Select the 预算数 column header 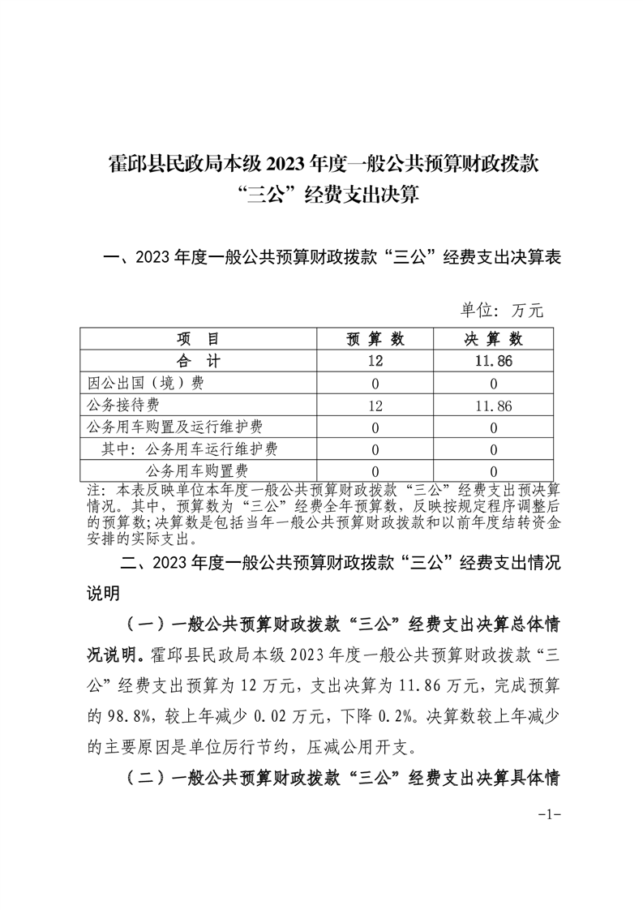click(x=375, y=339)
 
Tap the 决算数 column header click(x=493, y=339)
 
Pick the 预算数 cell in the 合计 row click(x=375, y=361)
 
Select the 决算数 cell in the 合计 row click(x=493, y=361)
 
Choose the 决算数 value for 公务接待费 click(x=493, y=405)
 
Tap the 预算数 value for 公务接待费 click(x=375, y=405)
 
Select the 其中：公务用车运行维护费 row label click(x=194, y=449)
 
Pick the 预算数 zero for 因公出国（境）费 click(x=375, y=383)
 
